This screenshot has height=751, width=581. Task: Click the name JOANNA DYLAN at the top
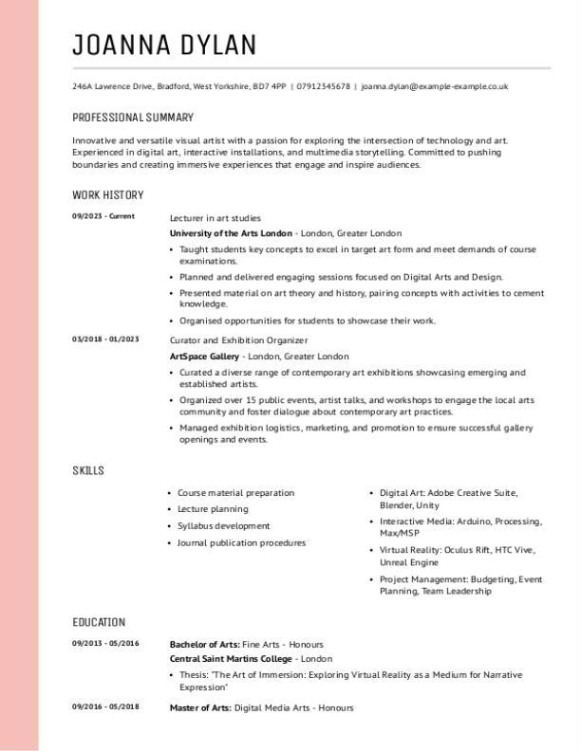164,45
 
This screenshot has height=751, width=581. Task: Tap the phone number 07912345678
324,86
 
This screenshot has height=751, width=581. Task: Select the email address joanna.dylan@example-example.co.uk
434,86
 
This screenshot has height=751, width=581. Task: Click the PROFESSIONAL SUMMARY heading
133,118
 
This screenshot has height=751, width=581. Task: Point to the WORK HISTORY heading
108,195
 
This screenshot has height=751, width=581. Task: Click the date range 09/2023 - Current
103,216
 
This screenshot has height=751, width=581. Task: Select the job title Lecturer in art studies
215,218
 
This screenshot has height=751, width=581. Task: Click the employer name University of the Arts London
231,233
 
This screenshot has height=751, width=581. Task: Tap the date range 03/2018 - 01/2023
105,339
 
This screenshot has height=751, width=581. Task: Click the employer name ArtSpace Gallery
204,357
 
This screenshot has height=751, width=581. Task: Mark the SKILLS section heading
88,471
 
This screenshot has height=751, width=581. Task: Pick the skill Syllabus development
224,526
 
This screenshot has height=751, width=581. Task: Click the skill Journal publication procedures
241,543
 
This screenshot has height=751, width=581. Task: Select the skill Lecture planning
213,509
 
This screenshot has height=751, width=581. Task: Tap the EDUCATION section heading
99,623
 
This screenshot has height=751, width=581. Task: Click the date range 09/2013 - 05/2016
105,643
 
